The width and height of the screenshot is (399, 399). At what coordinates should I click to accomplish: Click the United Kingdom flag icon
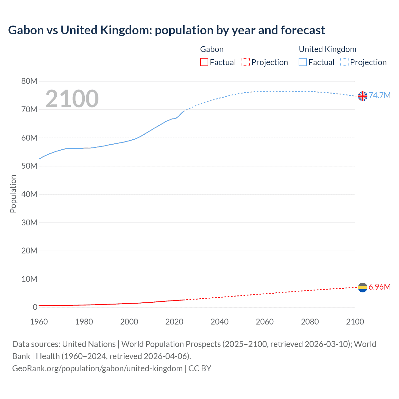pyautogui.click(x=363, y=96)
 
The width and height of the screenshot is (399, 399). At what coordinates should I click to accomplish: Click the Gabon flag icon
pyautogui.click(x=363, y=287)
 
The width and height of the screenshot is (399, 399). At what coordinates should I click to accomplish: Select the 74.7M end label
pyautogui.click(x=379, y=95)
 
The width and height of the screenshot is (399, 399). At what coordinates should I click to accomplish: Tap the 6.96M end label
pyautogui.click(x=379, y=287)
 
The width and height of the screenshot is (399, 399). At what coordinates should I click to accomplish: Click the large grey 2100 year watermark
pyautogui.click(x=72, y=99)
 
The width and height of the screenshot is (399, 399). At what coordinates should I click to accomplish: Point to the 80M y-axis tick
pyautogui.click(x=29, y=81)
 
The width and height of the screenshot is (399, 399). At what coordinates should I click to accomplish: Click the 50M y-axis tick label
pyautogui.click(x=29, y=166)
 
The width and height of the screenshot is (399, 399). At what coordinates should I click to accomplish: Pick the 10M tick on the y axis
pyautogui.click(x=29, y=279)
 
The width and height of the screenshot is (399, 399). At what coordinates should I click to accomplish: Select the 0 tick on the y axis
pyautogui.click(x=35, y=307)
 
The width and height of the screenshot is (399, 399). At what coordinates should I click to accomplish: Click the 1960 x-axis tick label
pyautogui.click(x=39, y=322)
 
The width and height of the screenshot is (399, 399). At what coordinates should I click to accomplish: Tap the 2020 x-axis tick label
pyautogui.click(x=174, y=322)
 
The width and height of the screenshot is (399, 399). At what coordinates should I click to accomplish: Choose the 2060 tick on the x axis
pyautogui.click(x=265, y=322)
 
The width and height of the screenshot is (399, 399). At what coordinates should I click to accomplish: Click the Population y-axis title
pyautogui.click(x=13, y=194)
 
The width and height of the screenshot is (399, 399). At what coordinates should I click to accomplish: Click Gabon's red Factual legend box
pyautogui.click(x=204, y=62)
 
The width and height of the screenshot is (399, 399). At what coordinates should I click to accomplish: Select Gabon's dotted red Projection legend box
pyautogui.click(x=246, y=62)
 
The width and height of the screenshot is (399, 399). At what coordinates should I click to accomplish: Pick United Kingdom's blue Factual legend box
pyautogui.click(x=303, y=62)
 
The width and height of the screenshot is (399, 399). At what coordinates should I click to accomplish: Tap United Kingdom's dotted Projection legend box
pyautogui.click(x=344, y=62)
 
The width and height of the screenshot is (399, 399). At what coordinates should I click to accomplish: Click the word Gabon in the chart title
pyautogui.click(x=26, y=30)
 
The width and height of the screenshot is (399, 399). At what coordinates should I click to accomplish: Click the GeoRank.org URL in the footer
pyautogui.click(x=97, y=368)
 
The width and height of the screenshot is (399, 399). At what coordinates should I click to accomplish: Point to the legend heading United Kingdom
pyautogui.click(x=327, y=49)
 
